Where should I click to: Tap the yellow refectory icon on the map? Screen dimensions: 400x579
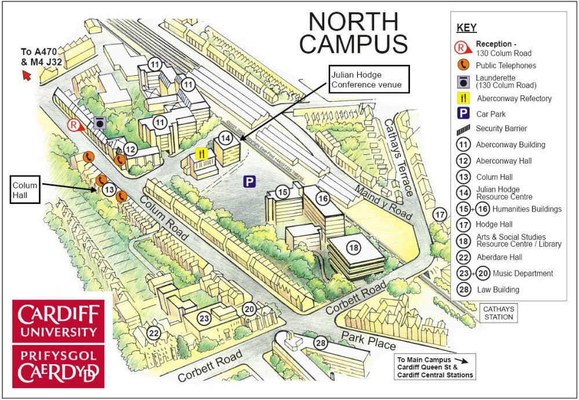pyautogui.click(x=201, y=154)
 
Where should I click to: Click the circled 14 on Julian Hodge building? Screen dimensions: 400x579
pyautogui.click(x=226, y=138)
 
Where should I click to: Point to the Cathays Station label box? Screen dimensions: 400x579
pyautogui.click(x=498, y=313)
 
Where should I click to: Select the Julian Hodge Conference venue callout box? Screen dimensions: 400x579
pyautogui.click(x=369, y=80)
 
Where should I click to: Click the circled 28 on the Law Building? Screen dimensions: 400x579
pyautogui.click(x=320, y=343)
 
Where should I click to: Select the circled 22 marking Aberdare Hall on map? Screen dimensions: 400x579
pyautogui.click(x=153, y=333)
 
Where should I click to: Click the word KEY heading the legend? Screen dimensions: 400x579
pyautogui.click(x=467, y=28)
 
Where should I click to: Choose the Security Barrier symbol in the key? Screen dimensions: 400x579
pyautogui.click(x=463, y=128)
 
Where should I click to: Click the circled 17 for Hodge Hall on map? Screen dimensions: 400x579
pyautogui.click(x=442, y=214)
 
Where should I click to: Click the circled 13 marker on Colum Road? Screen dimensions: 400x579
pyautogui.click(x=109, y=189)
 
